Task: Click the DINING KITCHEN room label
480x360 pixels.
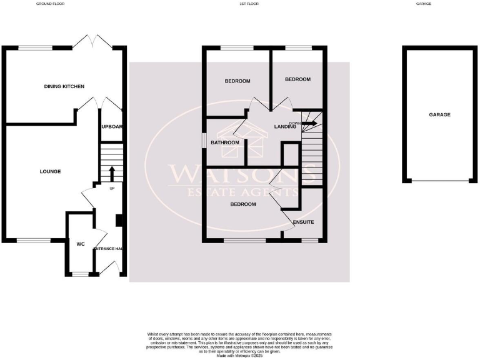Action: (64, 86)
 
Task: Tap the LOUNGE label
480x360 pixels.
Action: (50, 171)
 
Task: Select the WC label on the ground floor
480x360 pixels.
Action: (80, 244)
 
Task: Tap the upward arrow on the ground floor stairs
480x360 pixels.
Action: (112, 172)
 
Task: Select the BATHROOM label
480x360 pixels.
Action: (225, 142)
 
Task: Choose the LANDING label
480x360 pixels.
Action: (285, 127)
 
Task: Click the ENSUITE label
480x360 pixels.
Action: (303, 222)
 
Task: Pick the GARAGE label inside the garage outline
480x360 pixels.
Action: (439, 114)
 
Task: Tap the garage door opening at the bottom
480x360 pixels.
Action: (439, 181)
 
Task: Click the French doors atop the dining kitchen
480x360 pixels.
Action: (92, 42)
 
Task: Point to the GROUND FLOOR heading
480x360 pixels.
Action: (51, 4)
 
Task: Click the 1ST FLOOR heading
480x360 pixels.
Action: (249, 4)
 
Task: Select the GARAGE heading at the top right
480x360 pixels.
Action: (441, 4)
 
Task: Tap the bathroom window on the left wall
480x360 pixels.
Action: (204, 141)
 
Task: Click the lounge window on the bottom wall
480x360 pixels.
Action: (34, 240)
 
